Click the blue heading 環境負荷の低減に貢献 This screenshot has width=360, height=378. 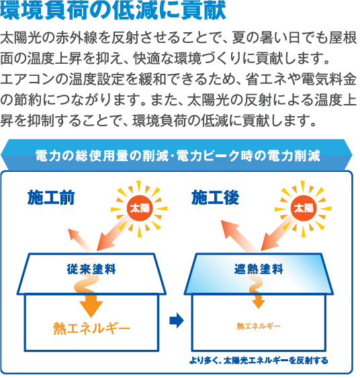(x=113, y=11)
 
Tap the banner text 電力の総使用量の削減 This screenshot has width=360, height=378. (x=102, y=156)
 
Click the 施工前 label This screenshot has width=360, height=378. (x=51, y=197)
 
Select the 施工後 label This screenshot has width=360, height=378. (x=215, y=197)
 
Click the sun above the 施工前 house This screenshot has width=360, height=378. (x=140, y=209)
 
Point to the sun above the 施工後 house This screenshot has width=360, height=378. (x=304, y=209)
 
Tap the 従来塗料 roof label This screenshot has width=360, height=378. (x=91, y=269)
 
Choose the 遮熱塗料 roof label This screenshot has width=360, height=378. (x=259, y=269)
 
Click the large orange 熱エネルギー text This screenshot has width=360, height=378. (x=91, y=328)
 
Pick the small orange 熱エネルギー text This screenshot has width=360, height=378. (x=259, y=326)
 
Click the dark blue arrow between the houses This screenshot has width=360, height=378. (x=177, y=320)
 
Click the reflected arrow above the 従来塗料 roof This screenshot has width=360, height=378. (x=81, y=241)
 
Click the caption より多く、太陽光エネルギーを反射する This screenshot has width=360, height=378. (x=259, y=361)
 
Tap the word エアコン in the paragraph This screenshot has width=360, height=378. (x=28, y=79)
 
